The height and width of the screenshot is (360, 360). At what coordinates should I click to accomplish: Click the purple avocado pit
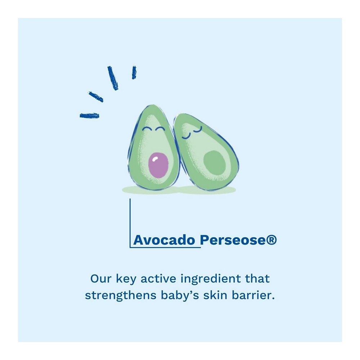point(158,165)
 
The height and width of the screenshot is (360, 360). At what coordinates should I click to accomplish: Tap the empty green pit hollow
point(215,164)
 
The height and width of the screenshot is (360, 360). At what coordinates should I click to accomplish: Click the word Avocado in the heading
point(164,240)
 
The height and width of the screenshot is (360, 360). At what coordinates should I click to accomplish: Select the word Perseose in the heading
point(233,240)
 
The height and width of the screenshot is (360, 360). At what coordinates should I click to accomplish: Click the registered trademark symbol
point(271,239)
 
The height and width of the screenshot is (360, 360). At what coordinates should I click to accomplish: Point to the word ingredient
point(211,279)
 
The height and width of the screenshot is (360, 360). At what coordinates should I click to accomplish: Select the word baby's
point(180,296)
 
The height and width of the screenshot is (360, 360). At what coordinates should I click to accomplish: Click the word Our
point(101,279)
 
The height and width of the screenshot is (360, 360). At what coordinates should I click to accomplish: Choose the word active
point(158,279)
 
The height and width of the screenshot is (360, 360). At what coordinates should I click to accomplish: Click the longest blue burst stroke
point(113,78)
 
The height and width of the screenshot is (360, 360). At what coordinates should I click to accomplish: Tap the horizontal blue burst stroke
point(89,116)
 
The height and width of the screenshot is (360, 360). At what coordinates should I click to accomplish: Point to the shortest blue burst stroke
point(134,73)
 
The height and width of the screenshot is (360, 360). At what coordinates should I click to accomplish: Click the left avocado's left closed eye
point(146,129)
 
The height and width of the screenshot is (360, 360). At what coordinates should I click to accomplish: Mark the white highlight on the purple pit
point(155,159)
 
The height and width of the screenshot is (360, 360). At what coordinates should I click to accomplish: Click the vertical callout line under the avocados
point(130,223)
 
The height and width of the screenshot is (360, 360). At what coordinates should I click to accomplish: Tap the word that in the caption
point(257,279)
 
